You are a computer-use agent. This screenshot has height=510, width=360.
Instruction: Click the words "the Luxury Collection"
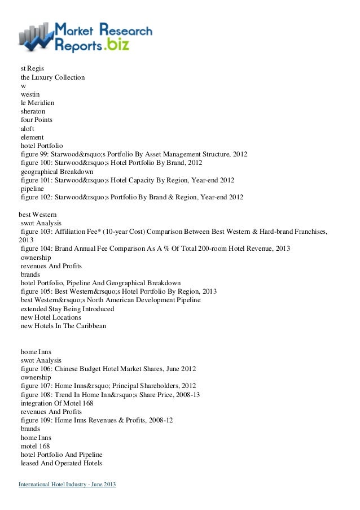52,77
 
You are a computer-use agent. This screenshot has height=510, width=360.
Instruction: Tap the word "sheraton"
33,111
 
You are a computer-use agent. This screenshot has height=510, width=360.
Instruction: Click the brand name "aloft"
28,128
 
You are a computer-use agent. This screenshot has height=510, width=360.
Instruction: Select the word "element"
32,137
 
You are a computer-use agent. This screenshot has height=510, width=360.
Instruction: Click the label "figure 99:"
36,154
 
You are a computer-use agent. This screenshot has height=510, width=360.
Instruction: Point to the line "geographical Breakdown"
57,172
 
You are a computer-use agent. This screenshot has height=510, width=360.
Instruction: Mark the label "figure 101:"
38,180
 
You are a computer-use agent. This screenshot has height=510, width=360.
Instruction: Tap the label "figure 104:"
38,249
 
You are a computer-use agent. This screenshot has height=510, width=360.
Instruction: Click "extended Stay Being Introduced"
67,309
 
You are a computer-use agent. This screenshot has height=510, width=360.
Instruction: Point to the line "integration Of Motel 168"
57,403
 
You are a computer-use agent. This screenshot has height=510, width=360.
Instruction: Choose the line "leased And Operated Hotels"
62,463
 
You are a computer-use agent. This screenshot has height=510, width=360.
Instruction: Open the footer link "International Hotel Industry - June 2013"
67,486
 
